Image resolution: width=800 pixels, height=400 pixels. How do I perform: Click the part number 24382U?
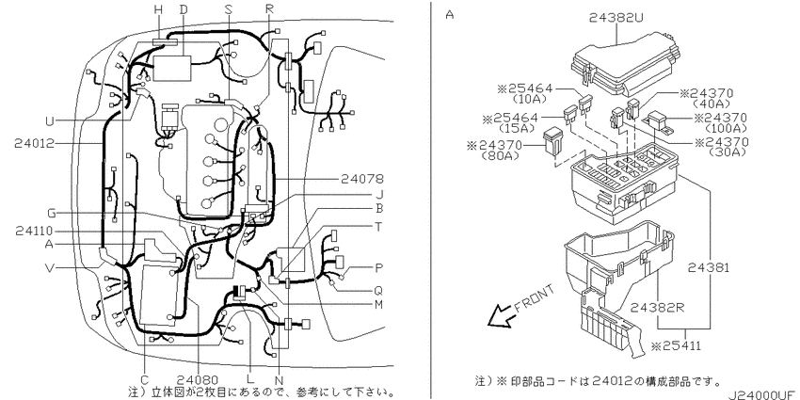pyautogui.click(x=616, y=18)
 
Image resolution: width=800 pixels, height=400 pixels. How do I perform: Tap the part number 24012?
pyautogui.click(x=34, y=143)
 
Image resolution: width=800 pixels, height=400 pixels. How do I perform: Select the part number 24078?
pyautogui.click(x=363, y=179)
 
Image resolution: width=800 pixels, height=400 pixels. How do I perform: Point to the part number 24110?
pyautogui.click(x=34, y=232)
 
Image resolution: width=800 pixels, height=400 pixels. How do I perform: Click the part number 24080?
pyautogui.click(x=198, y=379)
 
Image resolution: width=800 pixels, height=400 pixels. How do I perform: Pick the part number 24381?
pyautogui.click(x=708, y=267)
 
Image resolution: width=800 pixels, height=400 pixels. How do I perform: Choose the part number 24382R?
pyautogui.click(x=656, y=307)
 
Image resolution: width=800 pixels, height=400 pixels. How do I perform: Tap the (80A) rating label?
pyautogui.click(x=500, y=155)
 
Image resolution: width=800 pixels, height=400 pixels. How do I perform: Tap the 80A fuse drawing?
pyautogui.click(x=552, y=142)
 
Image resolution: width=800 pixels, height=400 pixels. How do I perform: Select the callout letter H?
pyautogui.click(x=158, y=8)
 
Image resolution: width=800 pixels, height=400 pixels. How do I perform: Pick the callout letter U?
pyautogui.click(x=50, y=121)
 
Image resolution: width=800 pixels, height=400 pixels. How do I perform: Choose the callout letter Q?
pyautogui.click(x=378, y=290)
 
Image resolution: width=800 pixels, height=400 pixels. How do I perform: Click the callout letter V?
pyautogui.click(x=50, y=267)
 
